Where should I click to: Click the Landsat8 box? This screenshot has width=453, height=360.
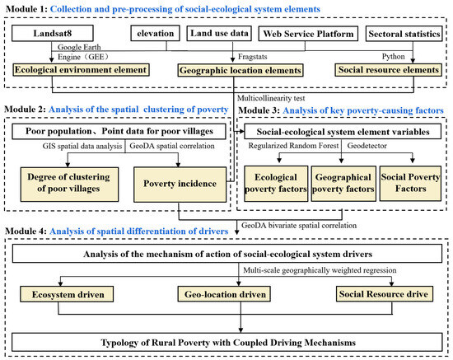coord(52,33)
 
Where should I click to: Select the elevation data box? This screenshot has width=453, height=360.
coord(155,33)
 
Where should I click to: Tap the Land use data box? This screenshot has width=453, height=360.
coord(219,33)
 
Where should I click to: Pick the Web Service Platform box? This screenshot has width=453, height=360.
coord(308,34)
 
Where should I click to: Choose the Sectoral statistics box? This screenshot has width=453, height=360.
coord(404,34)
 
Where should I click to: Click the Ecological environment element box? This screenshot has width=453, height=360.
coord(81,70)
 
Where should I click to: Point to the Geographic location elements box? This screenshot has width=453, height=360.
coord(240,70)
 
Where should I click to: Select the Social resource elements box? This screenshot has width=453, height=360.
coord(388,70)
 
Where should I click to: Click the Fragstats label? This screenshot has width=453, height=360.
coord(253,57)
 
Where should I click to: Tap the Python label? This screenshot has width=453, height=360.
coord(393,56)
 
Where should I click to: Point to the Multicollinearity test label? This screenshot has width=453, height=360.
coord(271,98)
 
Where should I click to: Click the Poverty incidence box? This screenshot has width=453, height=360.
coord(180,185)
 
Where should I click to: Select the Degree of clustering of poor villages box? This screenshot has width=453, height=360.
coord(69,185)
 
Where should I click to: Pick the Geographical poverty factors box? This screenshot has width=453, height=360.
coord(343,184)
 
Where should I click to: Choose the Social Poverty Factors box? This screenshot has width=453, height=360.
coord(410,183)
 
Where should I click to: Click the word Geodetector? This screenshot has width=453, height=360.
coord(367,146)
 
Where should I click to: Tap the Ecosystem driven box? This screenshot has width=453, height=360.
coord(67,294)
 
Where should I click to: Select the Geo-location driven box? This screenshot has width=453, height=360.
coord(224,294)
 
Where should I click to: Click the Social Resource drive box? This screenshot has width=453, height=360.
coord(385,294)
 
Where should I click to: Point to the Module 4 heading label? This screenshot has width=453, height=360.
coord(117,231)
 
